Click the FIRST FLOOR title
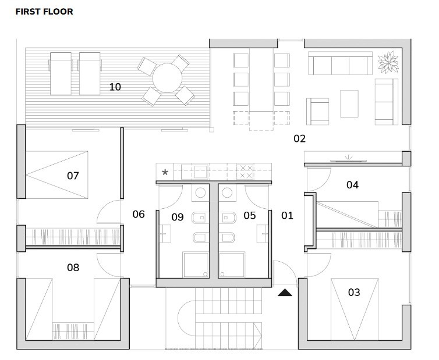[44, 11]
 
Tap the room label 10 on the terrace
[115, 87]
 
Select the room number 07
[73, 175]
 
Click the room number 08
[73, 268]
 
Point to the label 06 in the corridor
[138, 215]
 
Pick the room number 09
[178, 217]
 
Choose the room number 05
[249, 216]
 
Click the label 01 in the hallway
[287, 216]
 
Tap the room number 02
[299, 138]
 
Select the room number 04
[352, 185]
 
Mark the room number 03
[354, 292]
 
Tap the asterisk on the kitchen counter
[165, 172]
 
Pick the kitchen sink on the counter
[201, 171]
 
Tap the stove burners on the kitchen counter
[246, 171]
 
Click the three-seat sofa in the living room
[340, 63]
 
